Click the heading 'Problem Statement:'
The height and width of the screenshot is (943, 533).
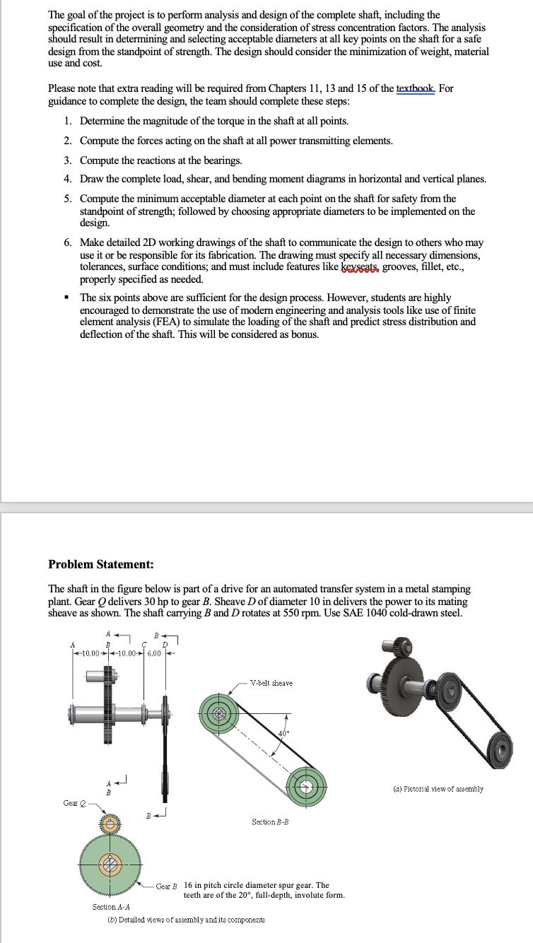point(100,564)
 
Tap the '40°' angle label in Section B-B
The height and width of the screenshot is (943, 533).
point(283,733)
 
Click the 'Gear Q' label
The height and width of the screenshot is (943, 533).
point(71,803)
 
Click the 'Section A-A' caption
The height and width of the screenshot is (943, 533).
point(112,907)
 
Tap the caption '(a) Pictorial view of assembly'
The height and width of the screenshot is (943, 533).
point(439,789)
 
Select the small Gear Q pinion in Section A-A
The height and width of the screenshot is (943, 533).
point(110,824)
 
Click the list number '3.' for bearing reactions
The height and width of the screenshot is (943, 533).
point(67,160)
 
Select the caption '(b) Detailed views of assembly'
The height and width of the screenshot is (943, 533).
point(180,920)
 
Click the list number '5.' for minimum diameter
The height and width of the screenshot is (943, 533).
point(67,199)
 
